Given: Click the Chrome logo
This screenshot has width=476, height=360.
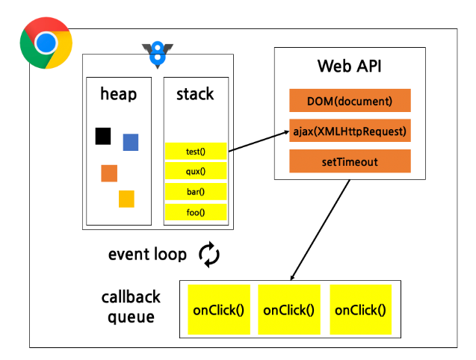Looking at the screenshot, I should tap(46, 43).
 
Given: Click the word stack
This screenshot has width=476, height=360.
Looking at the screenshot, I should tap(195, 94).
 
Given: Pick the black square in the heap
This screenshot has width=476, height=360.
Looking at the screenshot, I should tap(103, 136).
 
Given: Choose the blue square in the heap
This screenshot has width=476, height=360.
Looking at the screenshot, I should tap(131, 142).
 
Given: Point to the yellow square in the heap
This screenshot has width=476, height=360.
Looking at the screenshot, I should tap(126, 199).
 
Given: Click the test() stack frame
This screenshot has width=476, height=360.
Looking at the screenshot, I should tap(196, 152).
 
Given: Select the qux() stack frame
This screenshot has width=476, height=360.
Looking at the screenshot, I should tap(196, 172).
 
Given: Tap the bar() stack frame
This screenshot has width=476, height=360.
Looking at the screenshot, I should tap(196, 192).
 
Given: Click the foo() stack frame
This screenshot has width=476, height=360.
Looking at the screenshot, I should tap(196, 212).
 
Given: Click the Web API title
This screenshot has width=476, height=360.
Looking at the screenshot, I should tap(350, 66).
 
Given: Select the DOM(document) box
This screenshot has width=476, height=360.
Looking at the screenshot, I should tap(350, 100).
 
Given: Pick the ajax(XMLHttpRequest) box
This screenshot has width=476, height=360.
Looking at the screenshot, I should tap(350, 131).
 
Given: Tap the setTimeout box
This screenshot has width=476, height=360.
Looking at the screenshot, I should tap(350, 161).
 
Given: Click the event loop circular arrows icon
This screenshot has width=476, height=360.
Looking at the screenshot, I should tap(209, 254).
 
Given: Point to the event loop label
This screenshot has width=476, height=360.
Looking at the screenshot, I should tap(147, 255).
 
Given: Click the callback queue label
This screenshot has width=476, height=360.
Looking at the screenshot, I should tap(131, 306).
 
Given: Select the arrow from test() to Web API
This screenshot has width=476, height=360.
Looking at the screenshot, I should tap(258, 142).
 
